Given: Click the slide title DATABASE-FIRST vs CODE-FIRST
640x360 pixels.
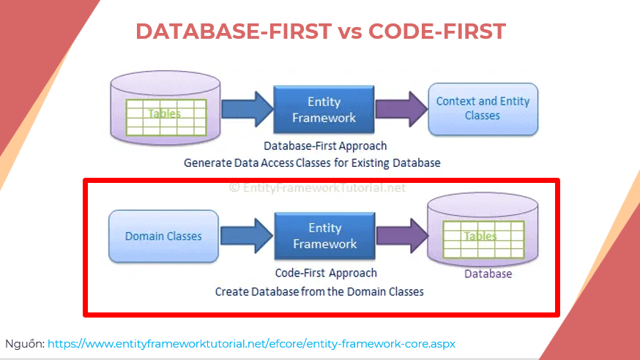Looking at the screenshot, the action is (321, 31).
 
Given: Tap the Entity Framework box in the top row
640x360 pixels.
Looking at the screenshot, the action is (324, 109).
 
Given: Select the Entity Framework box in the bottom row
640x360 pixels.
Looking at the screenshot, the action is (324, 236).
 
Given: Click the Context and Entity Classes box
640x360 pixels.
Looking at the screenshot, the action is (483, 109).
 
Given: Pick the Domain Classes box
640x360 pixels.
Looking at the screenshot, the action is (163, 236).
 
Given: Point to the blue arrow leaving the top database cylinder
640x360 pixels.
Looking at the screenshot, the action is (247, 109).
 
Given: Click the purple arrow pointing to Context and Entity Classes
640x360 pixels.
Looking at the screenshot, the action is (401, 109).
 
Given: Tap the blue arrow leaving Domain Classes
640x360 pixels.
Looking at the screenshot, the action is (247, 236).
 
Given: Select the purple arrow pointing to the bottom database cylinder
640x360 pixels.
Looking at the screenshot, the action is (402, 236).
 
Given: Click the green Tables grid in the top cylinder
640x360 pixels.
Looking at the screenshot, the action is (166, 117).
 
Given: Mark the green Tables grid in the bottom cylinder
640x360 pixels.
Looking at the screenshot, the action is (483, 239).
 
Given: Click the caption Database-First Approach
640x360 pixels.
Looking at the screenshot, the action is (325, 146).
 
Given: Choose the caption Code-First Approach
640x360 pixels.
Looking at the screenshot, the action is (326, 273).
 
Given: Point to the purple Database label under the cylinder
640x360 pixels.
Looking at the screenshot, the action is (488, 274).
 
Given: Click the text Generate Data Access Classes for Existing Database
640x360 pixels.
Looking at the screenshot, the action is (312, 163).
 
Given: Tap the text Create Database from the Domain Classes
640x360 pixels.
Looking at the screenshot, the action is (319, 291).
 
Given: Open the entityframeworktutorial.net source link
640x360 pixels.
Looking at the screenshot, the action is (251, 344).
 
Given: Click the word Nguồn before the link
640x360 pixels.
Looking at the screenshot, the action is (24, 344).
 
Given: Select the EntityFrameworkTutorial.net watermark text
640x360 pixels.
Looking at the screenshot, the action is (317, 187).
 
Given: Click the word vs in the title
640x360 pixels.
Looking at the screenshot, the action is (350, 31).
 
